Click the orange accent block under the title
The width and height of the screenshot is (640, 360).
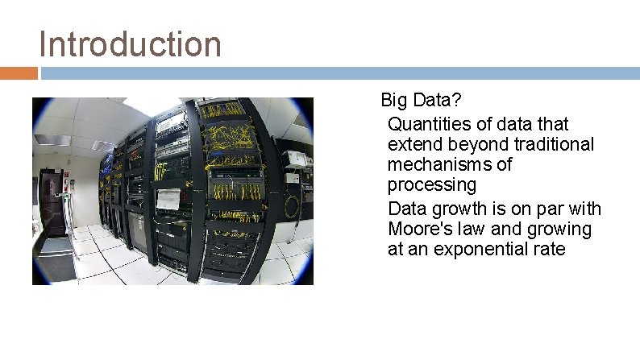click(19, 73)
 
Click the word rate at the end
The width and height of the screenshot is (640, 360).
click(548, 250)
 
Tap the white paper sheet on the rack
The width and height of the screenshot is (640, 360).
click(168, 198)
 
